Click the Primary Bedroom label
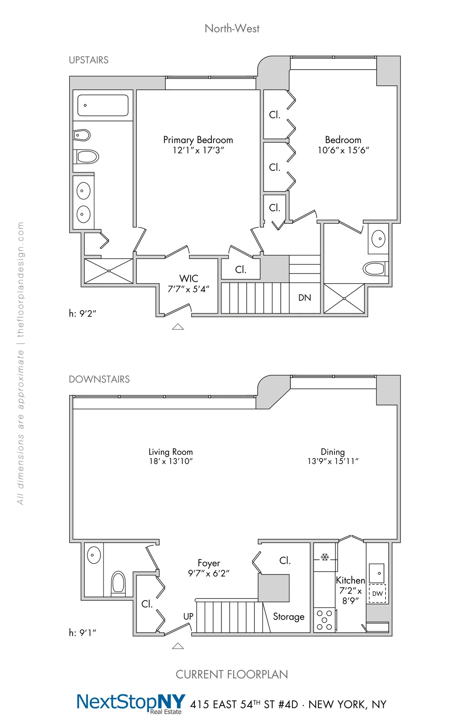[198, 140]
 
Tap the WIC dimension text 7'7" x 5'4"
[188, 289]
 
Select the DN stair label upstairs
[305, 297]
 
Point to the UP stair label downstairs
[188, 616]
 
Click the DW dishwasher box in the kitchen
[377, 594]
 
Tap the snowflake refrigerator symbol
[325, 557]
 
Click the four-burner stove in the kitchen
[324, 620]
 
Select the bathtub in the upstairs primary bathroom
[103, 105]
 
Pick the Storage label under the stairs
[288, 617]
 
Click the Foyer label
[209, 563]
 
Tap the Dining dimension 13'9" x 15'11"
[333, 461]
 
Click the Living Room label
[171, 452]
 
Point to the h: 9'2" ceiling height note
[82, 313]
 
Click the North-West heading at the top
[232, 29]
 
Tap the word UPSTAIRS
[89, 60]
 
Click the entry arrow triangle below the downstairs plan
[178, 646]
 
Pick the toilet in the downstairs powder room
[118, 583]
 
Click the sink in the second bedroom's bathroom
[379, 238]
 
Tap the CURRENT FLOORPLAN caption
[232, 674]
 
